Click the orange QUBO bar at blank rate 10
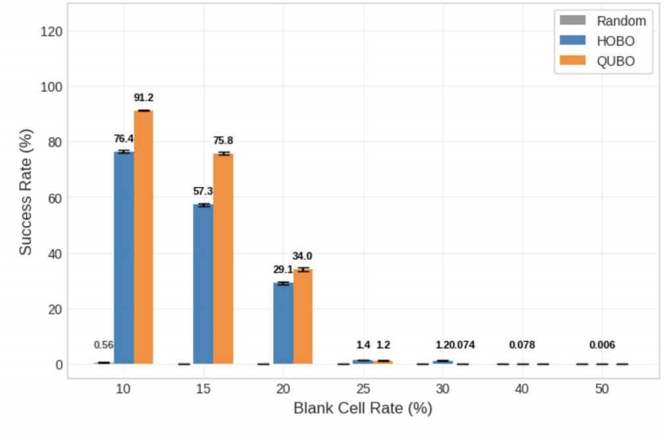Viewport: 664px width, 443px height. pyautogui.click(x=143, y=237)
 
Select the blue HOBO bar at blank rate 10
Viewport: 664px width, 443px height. pyautogui.click(x=124, y=257)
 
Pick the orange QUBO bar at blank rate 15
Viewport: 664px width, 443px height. pyautogui.click(x=223, y=259)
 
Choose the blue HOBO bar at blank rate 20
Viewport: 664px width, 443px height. pyautogui.click(x=283, y=323)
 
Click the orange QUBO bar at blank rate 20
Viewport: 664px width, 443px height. pyautogui.click(x=303, y=317)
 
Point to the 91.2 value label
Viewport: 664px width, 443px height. pyautogui.click(x=143, y=97)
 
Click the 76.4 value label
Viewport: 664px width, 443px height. pyautogui.click(x=124, y=139)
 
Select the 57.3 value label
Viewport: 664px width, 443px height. pyautogui.click(x=203, y=192)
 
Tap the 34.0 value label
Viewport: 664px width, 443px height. pyautogui.click(x=303, y=256)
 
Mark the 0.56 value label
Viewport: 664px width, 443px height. pyautogui.click(x=104, y=345)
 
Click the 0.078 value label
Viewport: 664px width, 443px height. pyautogui.click(x=522, y=345)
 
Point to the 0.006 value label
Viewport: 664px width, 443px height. pyautogui.click(x=602, y=345)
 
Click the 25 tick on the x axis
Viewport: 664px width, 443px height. pyautogui.click(x=363, y=389)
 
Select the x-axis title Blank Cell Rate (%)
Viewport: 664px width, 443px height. pyautogui.click(x=363, y=409)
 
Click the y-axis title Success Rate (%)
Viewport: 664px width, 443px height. pyautogui.click(x=25, y=197)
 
